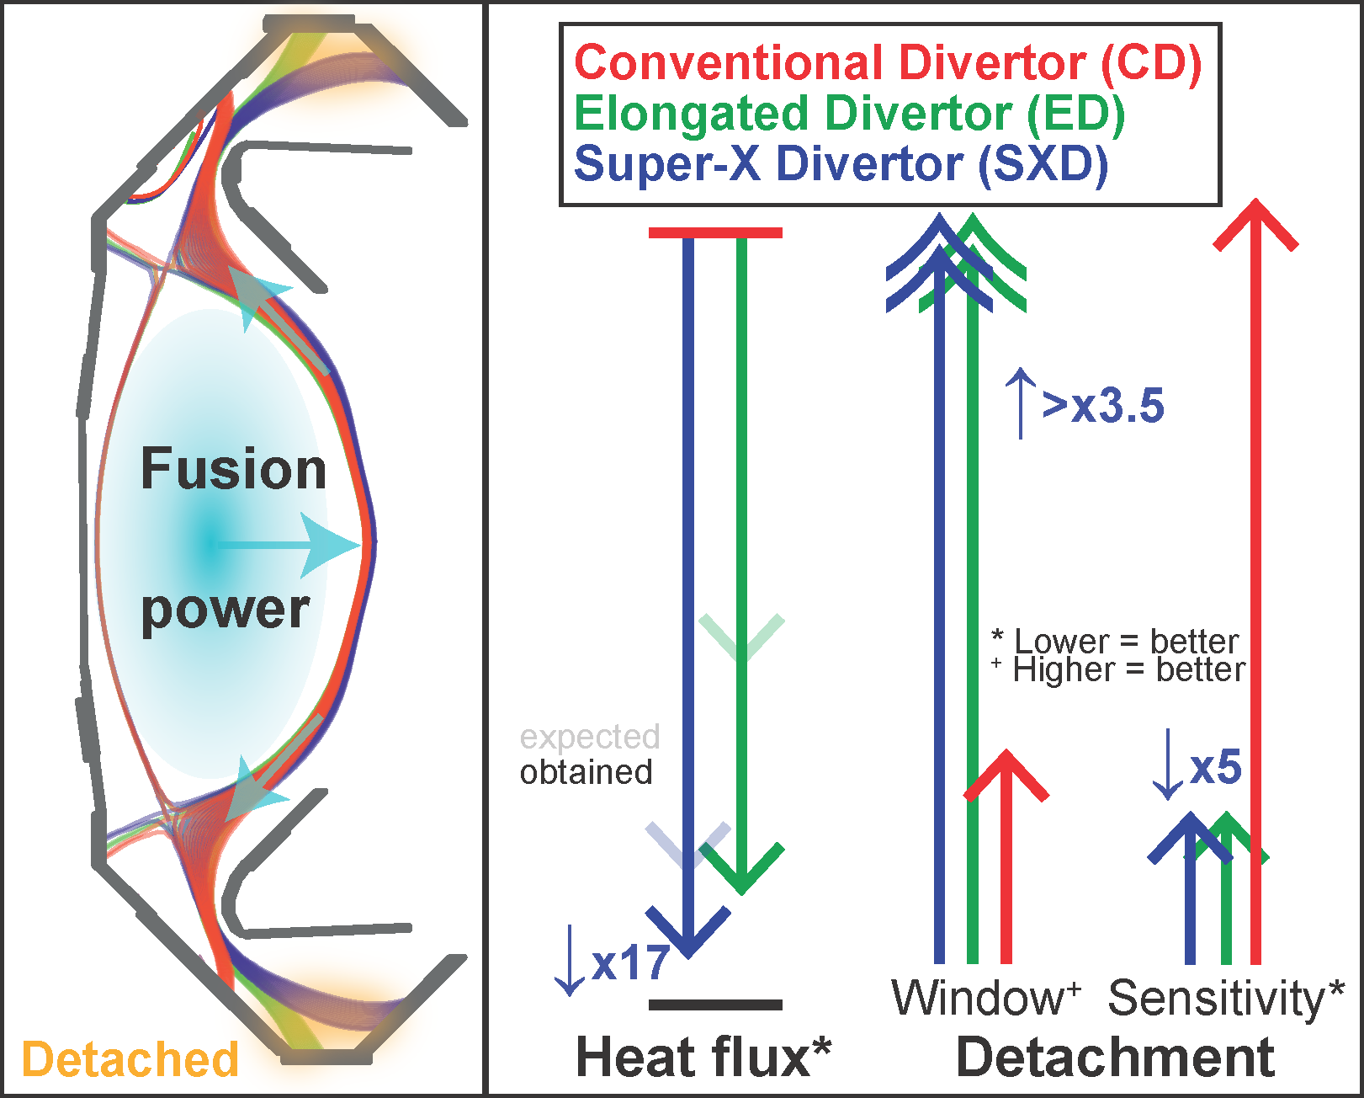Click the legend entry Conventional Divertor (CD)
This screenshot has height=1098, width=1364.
pos(888,63)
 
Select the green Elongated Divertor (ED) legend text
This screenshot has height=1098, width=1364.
pos(849,115)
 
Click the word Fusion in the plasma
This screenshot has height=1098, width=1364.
pos(233,469)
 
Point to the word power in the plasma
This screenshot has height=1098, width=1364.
pos(226,610)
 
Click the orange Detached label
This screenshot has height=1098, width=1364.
pos(130,1059)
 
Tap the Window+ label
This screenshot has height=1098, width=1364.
pos(985,998)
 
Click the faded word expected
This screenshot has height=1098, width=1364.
pos(590,737)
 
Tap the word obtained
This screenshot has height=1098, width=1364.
pos(586,773)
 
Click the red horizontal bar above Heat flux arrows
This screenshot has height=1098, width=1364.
pos(715,232)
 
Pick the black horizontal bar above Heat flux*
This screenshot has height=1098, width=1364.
pos(715,1005)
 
